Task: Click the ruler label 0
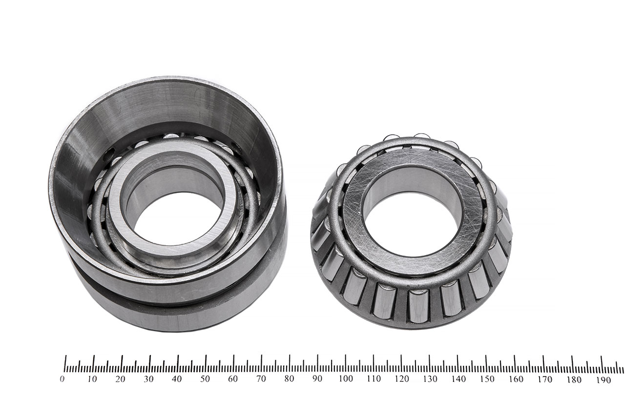tap(62, 379)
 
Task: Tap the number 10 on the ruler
tap(92, 379)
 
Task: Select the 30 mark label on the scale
tap(148, 379)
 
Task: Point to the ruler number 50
tap(205, 379)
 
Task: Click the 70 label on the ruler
tap(261, 379)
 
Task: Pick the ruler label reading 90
tap(317, 379)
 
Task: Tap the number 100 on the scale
tap(346, 379)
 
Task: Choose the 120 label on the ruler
tap(402, 379)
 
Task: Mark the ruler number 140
tap(458, 379)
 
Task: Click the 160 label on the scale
tap(516, 379)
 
